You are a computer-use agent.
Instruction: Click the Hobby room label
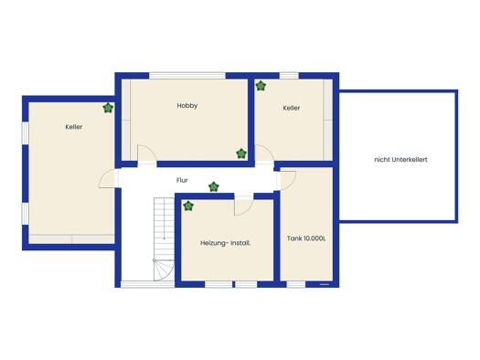pyautogui.click(x=187, y=106)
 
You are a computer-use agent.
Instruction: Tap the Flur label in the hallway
pyautogui.click(x=182, y=181)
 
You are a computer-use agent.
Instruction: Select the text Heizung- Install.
pyautogui.click(x=226, y=243)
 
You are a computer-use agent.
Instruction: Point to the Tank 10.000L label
pyautogui.click(x=306, y=238)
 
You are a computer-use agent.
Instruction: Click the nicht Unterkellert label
pyautogui.click(x=400, y=160)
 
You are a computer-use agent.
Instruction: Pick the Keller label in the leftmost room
pyautogui.click(x=74, y=127)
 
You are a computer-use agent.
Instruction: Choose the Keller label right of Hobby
pyautogui.click(x=292, y=108)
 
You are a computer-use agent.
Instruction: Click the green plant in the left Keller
pyautogui.click(x=108, y=108)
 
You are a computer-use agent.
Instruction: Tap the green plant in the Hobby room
pyautogui.click(x=241, y=154)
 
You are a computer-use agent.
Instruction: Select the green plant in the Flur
pyautogui.click(x=214, y=186)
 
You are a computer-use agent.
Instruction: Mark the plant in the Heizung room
pyautogui.click(x=188, y=206)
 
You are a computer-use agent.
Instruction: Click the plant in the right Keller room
pyautogui.click(x=261, y=86)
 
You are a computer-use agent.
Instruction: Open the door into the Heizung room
pyautogui.click(x=244, y=206)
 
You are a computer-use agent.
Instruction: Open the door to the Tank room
pyautogui.click(x=288, y=181)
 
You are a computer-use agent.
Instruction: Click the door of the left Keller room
pyautogui.click(x=107, y=178)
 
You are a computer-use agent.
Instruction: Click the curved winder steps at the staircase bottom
pyautogui.click(x=164, y=270)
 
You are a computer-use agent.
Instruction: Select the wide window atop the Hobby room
pyautogui.click(x=187, y=76)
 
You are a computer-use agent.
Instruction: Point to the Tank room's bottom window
pyautogui.click(x=296, y=284)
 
